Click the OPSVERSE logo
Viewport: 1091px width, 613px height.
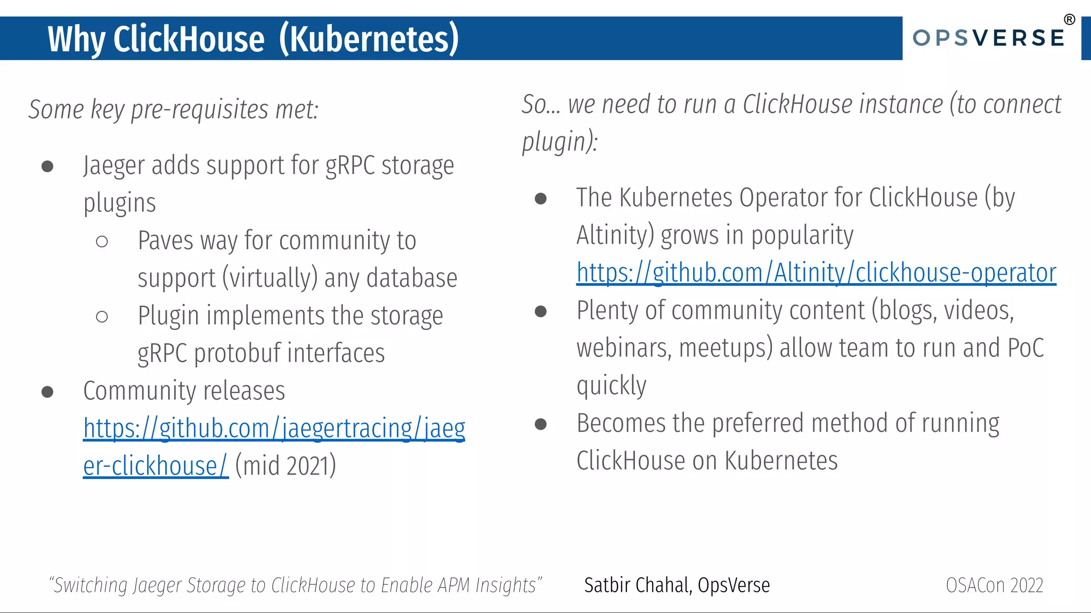tap(989, 38)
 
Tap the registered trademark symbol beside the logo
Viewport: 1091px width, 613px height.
tap(1069, 20)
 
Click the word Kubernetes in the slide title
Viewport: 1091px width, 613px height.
tap(369, 39)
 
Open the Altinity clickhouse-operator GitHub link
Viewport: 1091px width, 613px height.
tap(816, 273)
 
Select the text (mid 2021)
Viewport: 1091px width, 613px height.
tap(286, 466)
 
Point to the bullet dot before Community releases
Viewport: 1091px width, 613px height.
tap(47, 392)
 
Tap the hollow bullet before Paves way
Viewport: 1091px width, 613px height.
tap(102, 242)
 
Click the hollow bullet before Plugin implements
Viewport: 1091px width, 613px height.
tap(102, 317)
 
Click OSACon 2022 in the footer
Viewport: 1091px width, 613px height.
tap(994, 585)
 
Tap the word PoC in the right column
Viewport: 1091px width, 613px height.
tap(1025, 348)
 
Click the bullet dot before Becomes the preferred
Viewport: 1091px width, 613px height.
tap(541, 424)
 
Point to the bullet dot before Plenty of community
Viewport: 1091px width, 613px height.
tap(541, 311)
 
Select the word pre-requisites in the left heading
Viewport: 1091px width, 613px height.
tap(200, 110)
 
